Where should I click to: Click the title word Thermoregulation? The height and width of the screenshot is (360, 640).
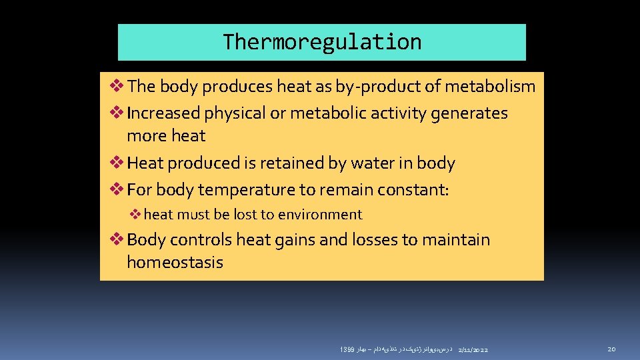(x=322, y=42)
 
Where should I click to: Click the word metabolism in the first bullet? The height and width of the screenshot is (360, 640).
(x=490, y=86)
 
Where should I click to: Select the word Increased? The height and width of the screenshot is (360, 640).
(x=163, y=113)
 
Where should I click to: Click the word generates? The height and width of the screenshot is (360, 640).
(x=469, y=113)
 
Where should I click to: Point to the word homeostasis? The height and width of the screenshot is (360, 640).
(x=175, y=262)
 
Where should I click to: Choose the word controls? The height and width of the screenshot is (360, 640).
(x=207, y=239)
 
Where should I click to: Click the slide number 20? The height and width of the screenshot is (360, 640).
(x=612, y=349)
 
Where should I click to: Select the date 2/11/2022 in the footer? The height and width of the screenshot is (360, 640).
(x=473, y=350)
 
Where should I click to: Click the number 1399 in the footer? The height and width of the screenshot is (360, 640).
(x=346, y=350)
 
